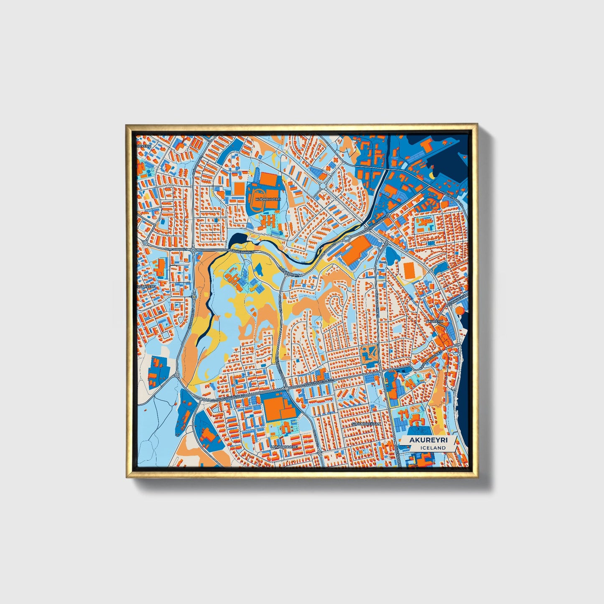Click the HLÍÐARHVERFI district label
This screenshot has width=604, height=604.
(x=266, y=200)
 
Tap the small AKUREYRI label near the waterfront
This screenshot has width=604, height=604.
(x=435, y=321)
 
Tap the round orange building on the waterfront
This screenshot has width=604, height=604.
(x=459, y=310)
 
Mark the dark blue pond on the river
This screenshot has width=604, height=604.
(x=235, y=240)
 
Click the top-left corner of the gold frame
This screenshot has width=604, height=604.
(x=127, y=125)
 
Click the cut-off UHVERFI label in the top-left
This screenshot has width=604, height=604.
(x=144, y=146)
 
